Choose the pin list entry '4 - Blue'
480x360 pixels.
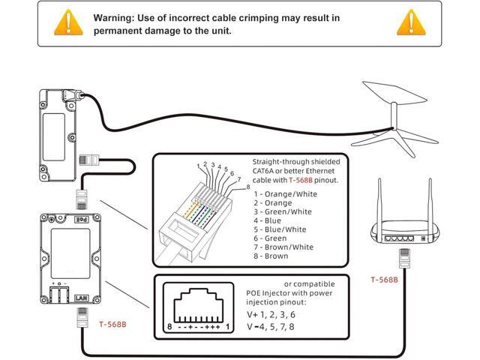tap(269, 220)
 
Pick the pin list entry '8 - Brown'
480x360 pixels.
tap(272, 256)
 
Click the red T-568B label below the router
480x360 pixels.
tap(385, 280)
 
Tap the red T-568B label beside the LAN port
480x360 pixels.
tap(113, 324)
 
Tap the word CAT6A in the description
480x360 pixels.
tap(266, 170)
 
